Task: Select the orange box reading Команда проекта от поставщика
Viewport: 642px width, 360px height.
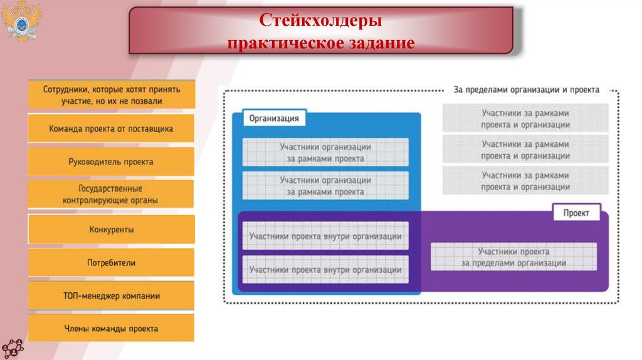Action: point(111,129)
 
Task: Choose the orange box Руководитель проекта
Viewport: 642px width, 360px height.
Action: point(111,162)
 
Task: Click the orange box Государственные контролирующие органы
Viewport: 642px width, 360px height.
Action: point(111,194)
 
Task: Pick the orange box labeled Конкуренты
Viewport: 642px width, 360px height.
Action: point(111,230)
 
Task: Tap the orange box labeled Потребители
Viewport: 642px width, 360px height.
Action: point(111,263)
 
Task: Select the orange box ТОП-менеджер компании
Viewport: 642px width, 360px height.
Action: point(111,296)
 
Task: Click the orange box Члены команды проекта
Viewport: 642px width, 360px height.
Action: point(111,329)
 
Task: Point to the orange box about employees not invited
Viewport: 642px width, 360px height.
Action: point(111,95)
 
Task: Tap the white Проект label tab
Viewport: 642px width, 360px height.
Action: point(576,213)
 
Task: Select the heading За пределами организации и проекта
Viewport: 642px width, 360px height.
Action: point(526,90)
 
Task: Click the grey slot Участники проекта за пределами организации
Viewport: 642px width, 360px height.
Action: point(513,257)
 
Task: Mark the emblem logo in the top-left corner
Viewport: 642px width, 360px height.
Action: point(20,21)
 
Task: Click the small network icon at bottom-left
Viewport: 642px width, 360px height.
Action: point(12,347)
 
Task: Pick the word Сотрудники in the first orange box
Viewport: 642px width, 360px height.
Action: point(65,89)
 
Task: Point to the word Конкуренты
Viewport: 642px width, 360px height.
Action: point(111,230)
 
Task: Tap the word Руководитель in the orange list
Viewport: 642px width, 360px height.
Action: point(93,162)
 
